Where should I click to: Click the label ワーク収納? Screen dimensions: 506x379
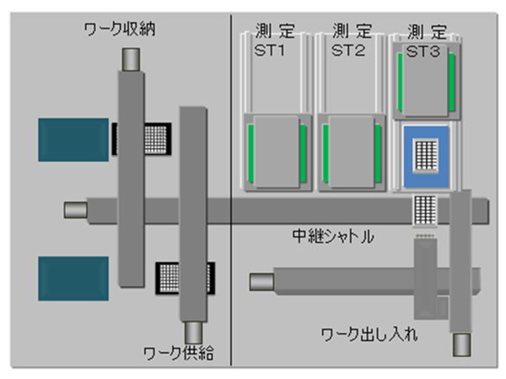click(x=120, y=29)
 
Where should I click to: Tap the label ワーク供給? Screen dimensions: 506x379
click(x=179, y=353)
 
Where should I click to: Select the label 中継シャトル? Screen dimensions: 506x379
click(x=333, y=236)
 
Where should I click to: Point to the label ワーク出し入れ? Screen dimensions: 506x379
click(x=369, y=334)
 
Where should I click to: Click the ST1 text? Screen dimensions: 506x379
click(x=270, y=51)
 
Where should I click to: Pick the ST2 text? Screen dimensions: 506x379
click(x=348, y=51)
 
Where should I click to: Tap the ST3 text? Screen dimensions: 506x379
click(x=423, y=51)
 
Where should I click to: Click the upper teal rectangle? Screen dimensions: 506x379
click(x=73, y=140)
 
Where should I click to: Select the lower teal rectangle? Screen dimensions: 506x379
click(x=73, y=279)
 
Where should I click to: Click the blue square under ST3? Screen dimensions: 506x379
click(x=426, y=157)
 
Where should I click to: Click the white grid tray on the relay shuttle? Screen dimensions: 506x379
click(x=425, y=210)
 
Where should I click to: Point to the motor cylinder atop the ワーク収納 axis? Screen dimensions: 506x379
click(x=131, y=60)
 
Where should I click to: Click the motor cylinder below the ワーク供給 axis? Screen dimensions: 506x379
click(x=193, y=333)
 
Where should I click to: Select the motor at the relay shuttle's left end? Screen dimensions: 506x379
click(x=76, y=210)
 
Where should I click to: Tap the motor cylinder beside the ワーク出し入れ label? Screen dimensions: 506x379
click(x=461, y=344)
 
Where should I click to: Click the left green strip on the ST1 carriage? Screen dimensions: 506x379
click(x=250, y=154)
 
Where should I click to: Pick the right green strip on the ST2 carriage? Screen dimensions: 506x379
click(x=378, y=154)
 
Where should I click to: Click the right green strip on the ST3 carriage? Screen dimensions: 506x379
click(x=451, y=83)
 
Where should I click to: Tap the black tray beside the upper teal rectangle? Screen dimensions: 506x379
click(x=142, y=139)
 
